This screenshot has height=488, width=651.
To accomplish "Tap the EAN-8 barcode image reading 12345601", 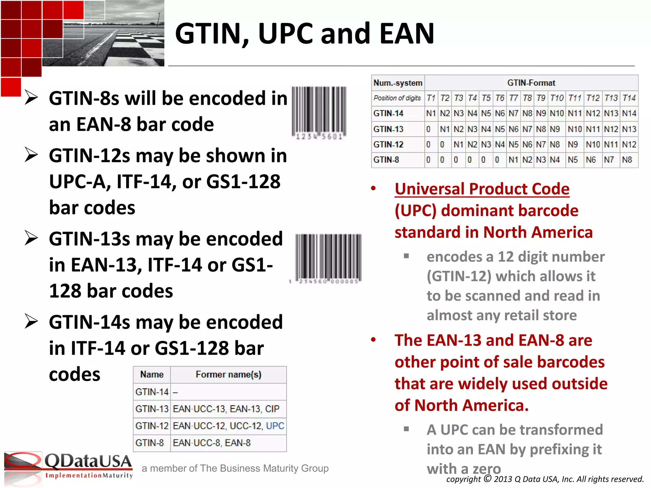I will pyautogui.click(x=319, y=113).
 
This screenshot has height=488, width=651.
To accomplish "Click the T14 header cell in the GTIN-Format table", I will pyautogui.click(x=629, y=98).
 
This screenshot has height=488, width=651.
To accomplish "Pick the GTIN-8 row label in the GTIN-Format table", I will pyautogui.click(x=386, y=160).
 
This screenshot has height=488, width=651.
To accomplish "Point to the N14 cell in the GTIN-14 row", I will pyautogui.click(x=629, y=113).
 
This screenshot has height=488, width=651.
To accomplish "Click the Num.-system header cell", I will pyautogui.click(x=398, y=83).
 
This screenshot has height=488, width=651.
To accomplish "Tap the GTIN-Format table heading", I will pyautogui.click(x=531, y=83).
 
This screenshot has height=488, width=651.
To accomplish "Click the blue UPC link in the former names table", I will pyautogui.click(x=275, y=426).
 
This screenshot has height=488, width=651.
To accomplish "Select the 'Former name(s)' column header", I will pyautogui.click(x=228, y=375).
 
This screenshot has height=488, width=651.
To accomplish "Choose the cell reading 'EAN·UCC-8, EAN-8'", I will pyautogui.click(x=212, y=443).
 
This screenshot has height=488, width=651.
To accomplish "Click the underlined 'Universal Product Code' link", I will pyautogui.click(x=482, y=189).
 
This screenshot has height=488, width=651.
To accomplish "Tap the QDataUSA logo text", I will pyautogui.click(x=88, y=461).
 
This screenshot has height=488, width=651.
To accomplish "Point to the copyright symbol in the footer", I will pyautogui.click(x=487, y=478).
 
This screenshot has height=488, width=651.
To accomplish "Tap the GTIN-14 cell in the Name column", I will pyautogui.click(x=152, y=392).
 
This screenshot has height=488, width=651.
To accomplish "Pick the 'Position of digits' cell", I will pyautogui.click(x=397, y=98).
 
